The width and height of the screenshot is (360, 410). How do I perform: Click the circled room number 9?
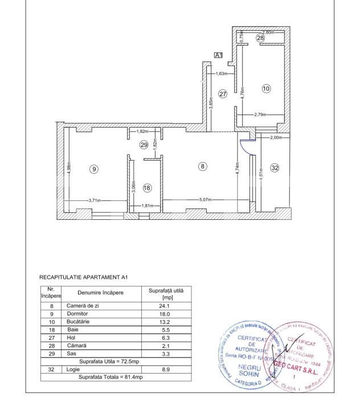pos(95,169)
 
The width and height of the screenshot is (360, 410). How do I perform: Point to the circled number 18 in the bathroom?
pos(147,188)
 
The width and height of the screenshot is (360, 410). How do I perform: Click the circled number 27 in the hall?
pos(223,94)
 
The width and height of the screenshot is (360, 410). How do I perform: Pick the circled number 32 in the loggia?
pos(275,168)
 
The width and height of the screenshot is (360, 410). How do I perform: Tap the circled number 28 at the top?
pos(260,38)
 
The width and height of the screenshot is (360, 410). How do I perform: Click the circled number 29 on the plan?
pos(144,145)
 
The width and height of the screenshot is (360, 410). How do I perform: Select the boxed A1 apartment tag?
pos(218,55)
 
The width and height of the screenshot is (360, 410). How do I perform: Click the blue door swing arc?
pos(246,147)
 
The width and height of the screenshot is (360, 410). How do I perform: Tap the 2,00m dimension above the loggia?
pos(276,138)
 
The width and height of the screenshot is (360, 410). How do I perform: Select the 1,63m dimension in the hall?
pos(221,73)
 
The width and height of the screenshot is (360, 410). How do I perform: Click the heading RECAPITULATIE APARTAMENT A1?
pos(84,277)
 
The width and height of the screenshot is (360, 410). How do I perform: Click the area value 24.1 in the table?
pos(167,306)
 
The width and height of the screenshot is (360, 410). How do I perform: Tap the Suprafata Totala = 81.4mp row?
pos(111,377)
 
